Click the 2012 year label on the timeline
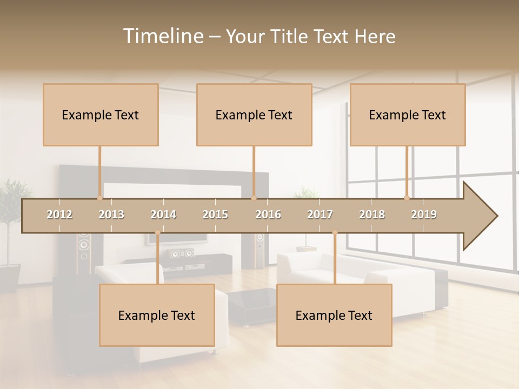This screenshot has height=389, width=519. (59, 214)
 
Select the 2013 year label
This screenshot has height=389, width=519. (111, 214)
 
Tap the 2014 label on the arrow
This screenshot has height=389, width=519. (163, 214)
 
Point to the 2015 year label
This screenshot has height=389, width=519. (215, 214)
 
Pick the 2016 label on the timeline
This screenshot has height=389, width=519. (268, 214)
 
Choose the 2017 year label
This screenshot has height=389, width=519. (320, 214)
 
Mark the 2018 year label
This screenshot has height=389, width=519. (372, 214)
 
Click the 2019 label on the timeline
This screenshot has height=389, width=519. (424, 214)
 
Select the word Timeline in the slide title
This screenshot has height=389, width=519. (163, 36)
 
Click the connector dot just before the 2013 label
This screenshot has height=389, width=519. (99, 198)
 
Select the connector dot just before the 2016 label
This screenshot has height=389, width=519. (254, 198)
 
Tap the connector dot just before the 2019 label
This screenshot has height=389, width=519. (407, 198)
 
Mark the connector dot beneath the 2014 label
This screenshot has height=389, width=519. (157, 232)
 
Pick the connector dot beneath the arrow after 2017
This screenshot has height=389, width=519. (335, 232)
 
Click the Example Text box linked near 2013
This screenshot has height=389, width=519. (101, 115)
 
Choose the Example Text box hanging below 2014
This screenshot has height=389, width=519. (157, 315)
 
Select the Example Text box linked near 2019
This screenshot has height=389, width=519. (408, 115)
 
